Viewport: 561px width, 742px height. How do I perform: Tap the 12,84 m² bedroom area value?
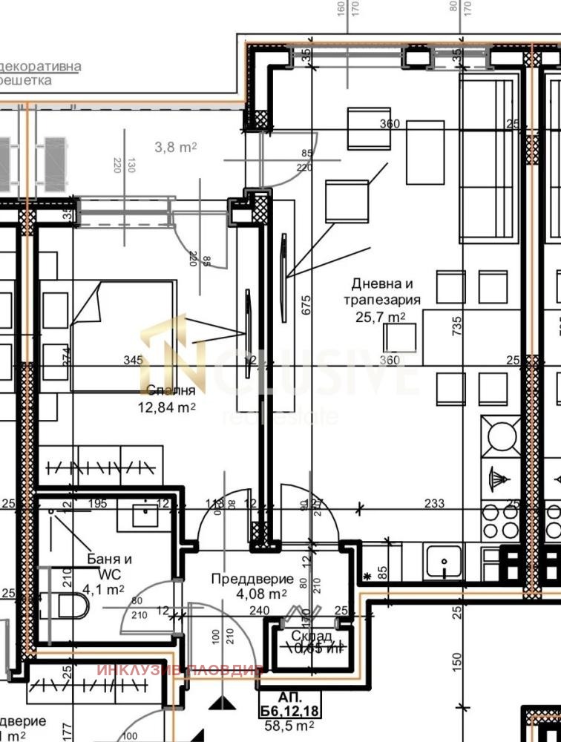click(x=167, y=407)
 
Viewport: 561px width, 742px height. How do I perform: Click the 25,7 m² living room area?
click(x=381, y=317)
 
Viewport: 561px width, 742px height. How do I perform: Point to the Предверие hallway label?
click(x=252, y=579)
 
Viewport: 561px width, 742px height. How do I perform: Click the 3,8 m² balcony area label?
click(x=175, y=148)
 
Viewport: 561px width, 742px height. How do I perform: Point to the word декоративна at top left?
click(x=41, y=67)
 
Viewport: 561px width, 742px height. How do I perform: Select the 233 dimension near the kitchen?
click(x=434, y=504)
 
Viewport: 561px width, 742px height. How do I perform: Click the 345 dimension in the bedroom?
click(x=133, y=361)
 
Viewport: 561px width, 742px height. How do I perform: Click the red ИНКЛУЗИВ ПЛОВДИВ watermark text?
click(x=180, y=671)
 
